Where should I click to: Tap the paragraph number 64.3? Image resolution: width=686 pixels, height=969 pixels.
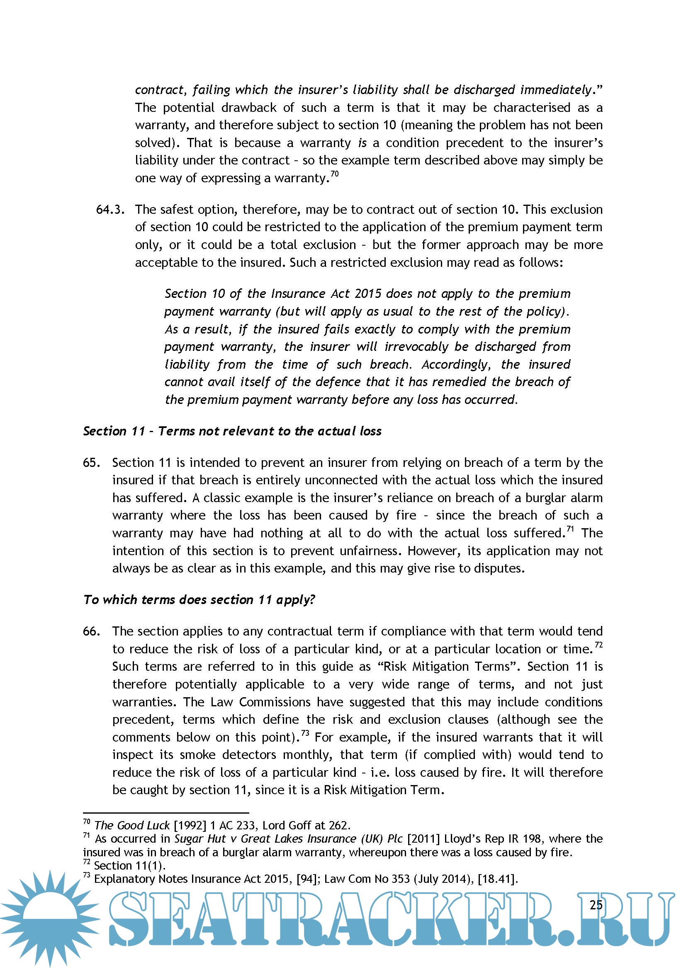[x=110, y=210]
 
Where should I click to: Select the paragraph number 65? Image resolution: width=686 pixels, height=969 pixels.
[x=92, y=463]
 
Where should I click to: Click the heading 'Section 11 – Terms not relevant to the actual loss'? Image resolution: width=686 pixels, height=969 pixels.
[x=232, y=431]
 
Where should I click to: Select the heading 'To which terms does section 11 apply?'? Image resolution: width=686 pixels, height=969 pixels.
[x=199, y=599]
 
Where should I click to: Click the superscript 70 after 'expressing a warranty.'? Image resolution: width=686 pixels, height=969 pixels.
[x=335, y=174]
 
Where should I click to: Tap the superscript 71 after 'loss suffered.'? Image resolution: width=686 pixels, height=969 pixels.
[x=570, y=529]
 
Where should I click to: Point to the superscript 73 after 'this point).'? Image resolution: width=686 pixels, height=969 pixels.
[x=305, y=733]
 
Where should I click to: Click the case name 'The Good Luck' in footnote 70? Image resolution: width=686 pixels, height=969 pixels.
[x=132, y=825]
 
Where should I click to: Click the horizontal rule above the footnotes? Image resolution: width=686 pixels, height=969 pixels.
[x=165, y=812]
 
